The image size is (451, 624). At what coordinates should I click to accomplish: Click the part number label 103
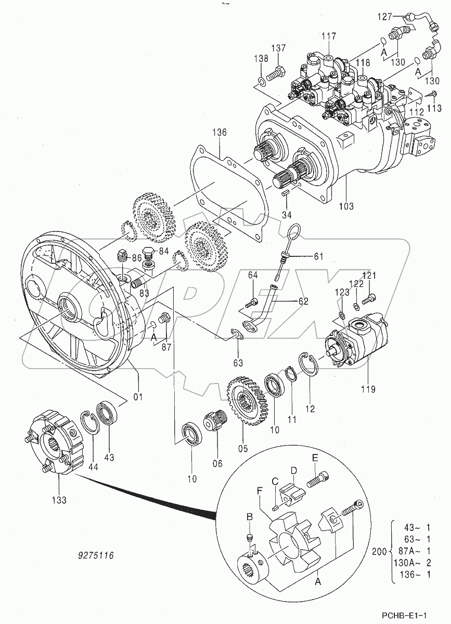pyautogui.click(x=345, y=206)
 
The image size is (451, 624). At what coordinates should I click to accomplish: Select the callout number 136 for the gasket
pyautogui.click(x=219, y=133)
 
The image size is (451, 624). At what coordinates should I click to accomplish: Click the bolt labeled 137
pyautogui.click(x=277, y=72)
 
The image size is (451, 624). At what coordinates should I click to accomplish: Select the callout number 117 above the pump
pyautogui.click(x=329, y=36)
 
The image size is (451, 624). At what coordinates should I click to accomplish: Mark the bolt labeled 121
pyautogui.click(x=369, y=298)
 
